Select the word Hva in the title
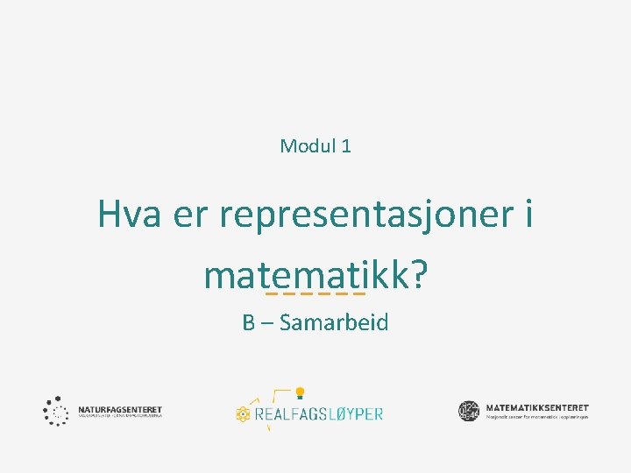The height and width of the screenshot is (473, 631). [129, 214]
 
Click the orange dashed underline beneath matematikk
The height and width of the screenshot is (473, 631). [315, 293]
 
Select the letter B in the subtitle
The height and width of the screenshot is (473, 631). [249, 323]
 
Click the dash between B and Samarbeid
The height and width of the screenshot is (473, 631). [266, 324]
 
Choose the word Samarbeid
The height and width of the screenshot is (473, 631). [334, 323]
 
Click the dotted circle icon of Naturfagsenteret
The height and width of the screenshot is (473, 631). [56, 411]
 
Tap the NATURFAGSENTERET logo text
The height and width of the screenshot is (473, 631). [120, 409]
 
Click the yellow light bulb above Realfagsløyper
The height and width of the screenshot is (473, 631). [299, 392]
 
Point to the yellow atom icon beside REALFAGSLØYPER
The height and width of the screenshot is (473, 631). [244, 413]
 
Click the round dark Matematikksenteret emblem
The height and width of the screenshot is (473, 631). [469, 410]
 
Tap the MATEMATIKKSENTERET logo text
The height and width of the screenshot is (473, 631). [536, 407]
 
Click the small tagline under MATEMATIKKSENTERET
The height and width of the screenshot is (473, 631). [536, 417]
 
